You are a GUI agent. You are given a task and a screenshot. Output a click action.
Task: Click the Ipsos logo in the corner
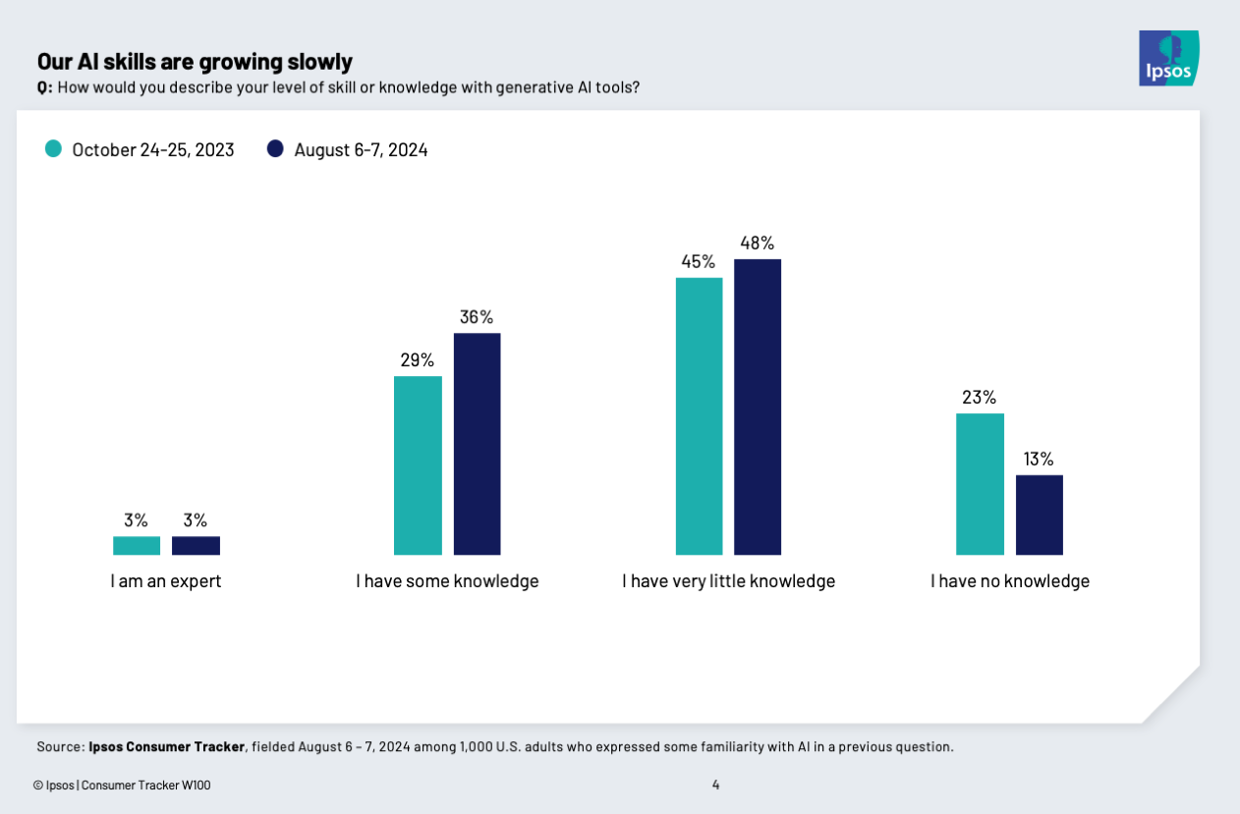point(1168,58)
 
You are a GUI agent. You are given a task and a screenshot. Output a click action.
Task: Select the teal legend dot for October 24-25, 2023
point(53,149)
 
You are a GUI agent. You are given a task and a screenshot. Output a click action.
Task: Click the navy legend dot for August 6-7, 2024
point(275,149)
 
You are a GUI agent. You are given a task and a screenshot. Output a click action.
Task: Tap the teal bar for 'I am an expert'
point(137,546)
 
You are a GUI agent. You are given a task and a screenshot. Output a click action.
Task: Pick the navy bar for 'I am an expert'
point(196,546)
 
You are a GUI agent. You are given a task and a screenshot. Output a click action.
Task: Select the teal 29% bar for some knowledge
point(418,465)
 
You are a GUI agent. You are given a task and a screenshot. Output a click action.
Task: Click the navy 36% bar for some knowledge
point(477,444)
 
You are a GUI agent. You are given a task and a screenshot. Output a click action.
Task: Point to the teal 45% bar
point(699,416)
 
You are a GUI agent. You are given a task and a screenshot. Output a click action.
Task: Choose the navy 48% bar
point(758,407)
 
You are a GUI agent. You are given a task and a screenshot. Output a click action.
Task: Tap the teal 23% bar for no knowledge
point(980,484)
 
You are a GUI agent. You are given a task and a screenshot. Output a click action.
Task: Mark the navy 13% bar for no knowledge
point(1039,515)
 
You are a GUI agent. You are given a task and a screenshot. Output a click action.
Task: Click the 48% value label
point(758,243)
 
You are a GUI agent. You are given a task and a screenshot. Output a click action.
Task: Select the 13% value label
point(1039,459)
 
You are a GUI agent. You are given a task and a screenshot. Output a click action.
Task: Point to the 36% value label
point(477,317)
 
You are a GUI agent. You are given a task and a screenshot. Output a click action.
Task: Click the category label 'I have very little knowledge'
point(728,581)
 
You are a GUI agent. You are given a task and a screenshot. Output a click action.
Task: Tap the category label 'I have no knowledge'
point(1010,581)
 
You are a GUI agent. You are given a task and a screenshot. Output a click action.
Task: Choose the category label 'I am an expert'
point(166,581)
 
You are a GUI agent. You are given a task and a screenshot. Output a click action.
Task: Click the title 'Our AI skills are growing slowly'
point(195,62)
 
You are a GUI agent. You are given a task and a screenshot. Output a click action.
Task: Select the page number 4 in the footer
point(715,785)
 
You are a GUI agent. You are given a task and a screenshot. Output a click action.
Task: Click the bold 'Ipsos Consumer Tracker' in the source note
point(166,747)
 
